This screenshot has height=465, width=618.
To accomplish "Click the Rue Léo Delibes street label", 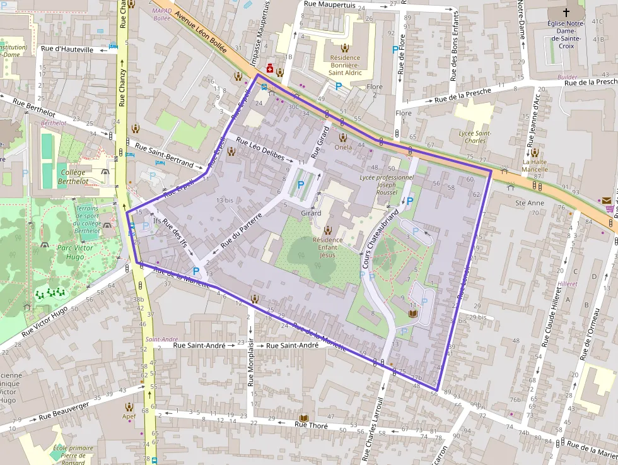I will click(x=260, y=148).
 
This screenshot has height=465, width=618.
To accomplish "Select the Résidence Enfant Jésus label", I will click(x=327, y=247).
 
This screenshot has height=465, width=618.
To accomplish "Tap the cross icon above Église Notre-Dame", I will click(x=566, y=12).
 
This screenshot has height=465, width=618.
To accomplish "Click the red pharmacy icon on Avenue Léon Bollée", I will click(x=270, y=68).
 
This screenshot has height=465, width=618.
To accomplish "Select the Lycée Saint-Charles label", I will click(x=474, y=137).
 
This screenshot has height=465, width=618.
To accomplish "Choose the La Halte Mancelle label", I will click(x=534, y=165).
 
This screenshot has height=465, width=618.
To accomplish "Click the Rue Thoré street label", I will click(x=312, y=425).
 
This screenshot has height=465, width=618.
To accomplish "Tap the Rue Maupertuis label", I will click(x=329, y=4).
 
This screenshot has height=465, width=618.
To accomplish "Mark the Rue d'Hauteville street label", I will click(x=67, y=49).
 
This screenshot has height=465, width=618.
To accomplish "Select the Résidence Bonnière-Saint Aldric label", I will click(x=345, y=65).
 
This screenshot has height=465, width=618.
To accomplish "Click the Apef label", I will click(x=129, y=416).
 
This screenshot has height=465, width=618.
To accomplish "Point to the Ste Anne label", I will click(x=529, y=203).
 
